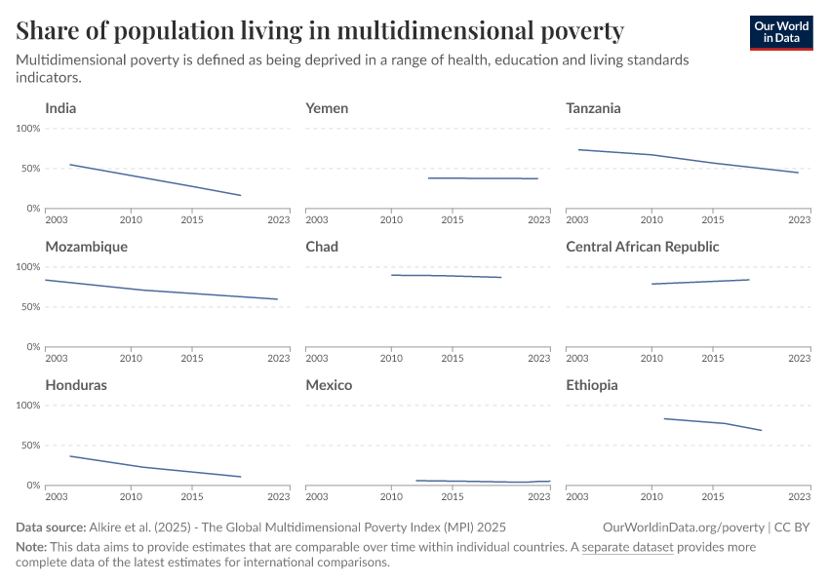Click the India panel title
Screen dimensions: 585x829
pos(60,108)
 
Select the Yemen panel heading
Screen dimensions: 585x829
pos(327,108)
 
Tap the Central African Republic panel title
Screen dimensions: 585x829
pos(642,247)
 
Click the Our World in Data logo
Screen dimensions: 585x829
pos(780,32)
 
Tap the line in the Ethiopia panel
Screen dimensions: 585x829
pos(712,422)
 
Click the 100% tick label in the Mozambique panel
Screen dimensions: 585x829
pos(27,267)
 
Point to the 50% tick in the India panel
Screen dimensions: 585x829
pos(30,169)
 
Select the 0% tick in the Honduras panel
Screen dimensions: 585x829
pos(33,486)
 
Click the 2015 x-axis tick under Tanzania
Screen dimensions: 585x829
pos(713,219)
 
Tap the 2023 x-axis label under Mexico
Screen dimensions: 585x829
pos(539,496)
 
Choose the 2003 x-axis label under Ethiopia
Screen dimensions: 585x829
pos(577,496)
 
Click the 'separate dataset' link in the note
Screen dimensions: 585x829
pos(627,547)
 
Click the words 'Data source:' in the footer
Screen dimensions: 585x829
pos(49,526)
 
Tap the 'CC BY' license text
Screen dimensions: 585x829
pos(794,526)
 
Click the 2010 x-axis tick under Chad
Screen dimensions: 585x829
pos(391,358)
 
